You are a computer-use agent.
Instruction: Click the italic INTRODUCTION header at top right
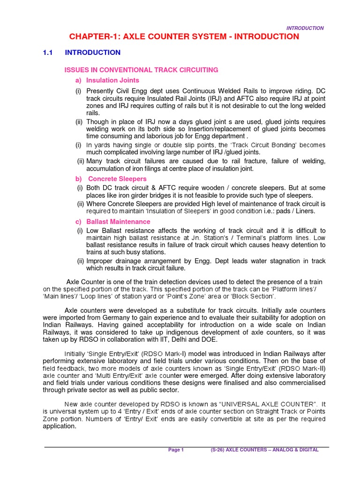(305, 28)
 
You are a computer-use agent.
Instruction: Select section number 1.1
(48, 52)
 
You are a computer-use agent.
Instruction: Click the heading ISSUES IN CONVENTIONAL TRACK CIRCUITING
(141, 70)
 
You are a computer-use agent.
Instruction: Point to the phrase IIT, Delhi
(189, 339)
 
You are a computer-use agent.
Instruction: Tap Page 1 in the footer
(176, 450)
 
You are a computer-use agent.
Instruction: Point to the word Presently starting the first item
(100, 90)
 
